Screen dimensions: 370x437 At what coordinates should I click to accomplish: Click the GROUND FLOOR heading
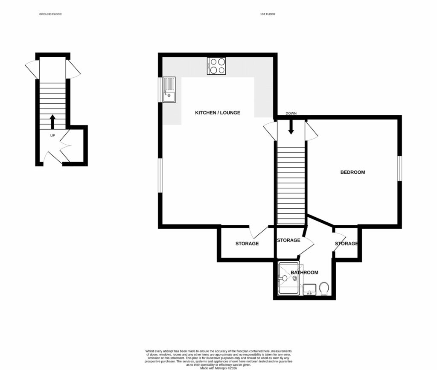[50, 14]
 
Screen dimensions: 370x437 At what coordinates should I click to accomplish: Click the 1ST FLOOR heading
[268, 14]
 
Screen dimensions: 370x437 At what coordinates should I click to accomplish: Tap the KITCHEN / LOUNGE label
[218, 113]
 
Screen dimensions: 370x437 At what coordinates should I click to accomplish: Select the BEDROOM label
[353, 172]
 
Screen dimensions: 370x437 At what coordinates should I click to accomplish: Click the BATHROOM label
[304, 272]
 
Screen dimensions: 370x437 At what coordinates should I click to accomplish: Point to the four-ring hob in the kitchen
[216, 66]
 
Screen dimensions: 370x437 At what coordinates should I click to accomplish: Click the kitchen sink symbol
[169, 90]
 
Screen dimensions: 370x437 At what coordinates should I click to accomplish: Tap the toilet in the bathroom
[323, 288]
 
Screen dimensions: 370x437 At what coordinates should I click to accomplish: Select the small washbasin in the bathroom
[309, 289]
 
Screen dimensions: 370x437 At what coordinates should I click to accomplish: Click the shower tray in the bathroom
[289, 279]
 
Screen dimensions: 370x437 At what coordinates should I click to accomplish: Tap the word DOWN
[291, 114]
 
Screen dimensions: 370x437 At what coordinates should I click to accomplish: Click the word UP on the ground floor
[52, 136]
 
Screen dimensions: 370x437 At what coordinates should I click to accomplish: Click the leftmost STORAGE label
[247, 244]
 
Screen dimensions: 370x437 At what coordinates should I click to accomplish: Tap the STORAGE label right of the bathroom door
[346, 244]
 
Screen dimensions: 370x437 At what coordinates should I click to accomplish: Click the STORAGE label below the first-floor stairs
[288, 240]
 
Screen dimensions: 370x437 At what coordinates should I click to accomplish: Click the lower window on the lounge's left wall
[160, 175]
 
